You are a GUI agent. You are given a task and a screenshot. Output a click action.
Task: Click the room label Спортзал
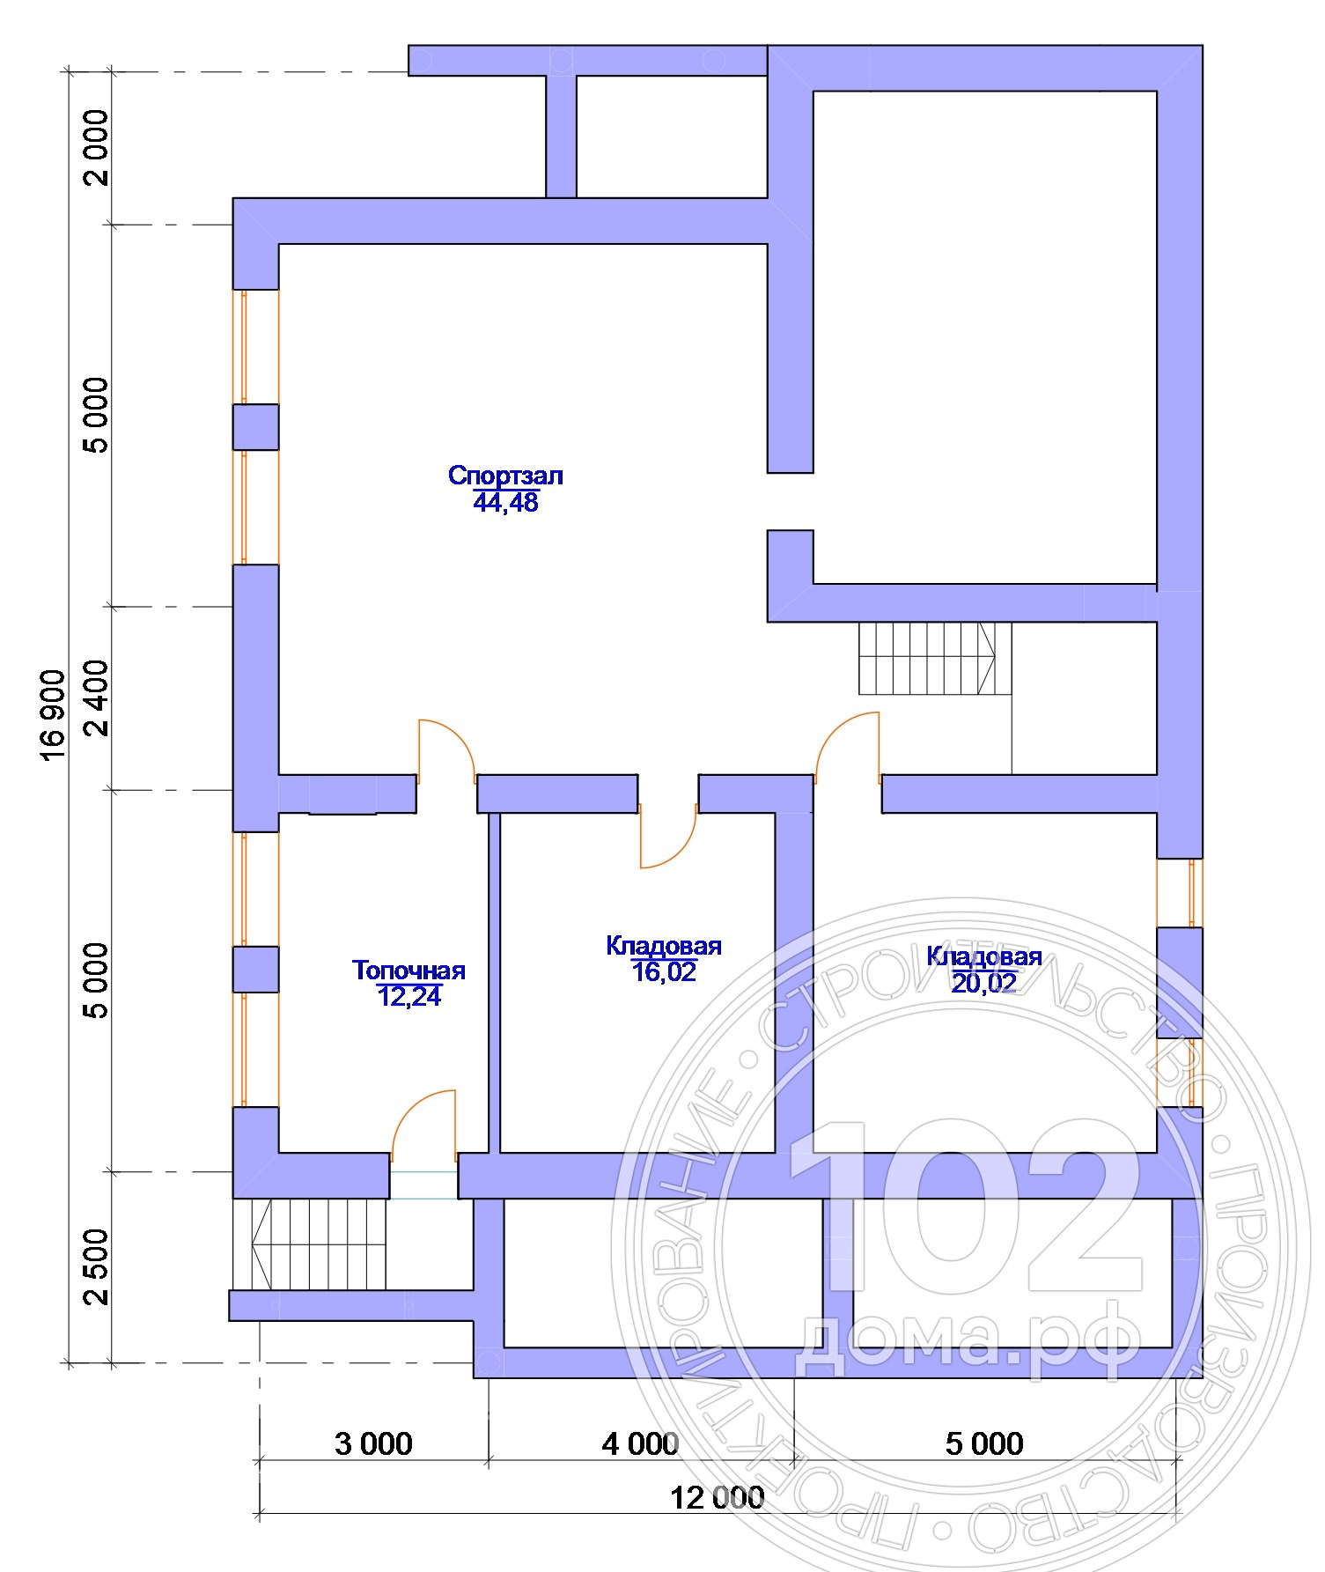505,476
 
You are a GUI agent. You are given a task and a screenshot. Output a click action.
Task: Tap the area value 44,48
505,503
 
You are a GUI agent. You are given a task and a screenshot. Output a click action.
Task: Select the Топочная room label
409,971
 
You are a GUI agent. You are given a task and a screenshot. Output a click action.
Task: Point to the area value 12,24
409,996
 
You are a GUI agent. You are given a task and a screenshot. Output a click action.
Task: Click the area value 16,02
664,971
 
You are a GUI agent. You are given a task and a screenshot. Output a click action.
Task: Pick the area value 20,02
984,983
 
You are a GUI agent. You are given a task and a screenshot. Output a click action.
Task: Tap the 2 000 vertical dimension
96,147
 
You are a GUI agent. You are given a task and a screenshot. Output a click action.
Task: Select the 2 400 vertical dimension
96,698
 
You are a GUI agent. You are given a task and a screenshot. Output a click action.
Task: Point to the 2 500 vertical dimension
96,1267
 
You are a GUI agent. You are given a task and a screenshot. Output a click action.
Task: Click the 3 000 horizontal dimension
373,1443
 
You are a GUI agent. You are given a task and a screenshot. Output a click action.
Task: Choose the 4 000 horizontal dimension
640,1443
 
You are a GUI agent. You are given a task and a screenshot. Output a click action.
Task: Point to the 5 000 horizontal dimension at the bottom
984,1443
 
